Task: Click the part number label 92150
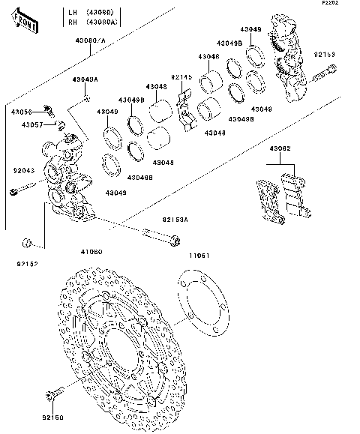(x=52, y=417)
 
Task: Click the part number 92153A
(x=175, y=220)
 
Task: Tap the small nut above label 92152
(x=26, y=242)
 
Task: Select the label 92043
(x=23, y=171)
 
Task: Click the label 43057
(x=31, y=124)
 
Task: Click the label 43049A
(x=85, y=79)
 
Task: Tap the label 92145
(x=181, y=77)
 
